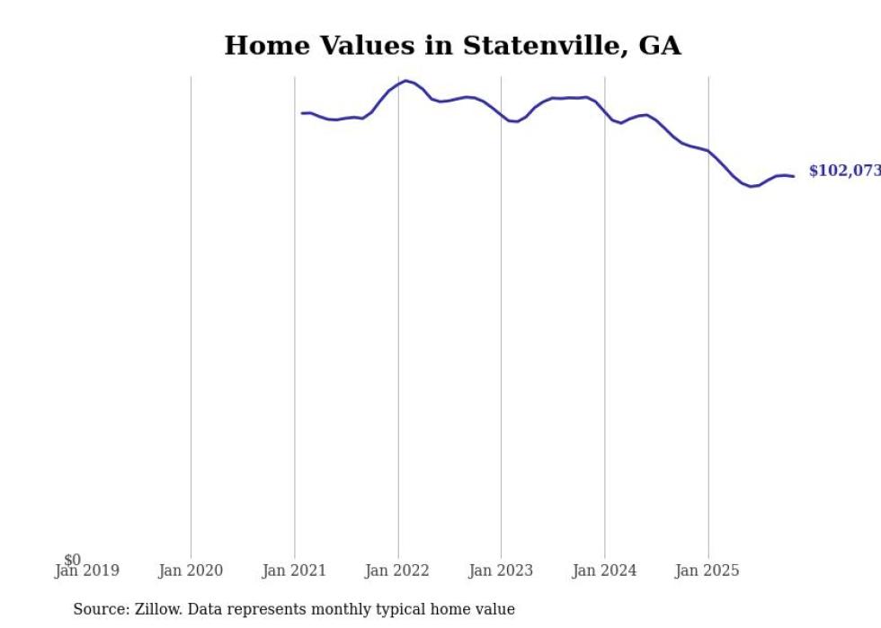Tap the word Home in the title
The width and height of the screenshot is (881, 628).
(x=262, y=45)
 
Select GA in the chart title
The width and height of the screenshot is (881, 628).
(x=660, y=45)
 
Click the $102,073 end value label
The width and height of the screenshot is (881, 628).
(x=844, y=171)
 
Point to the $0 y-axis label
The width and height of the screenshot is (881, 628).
(x=72, y=560)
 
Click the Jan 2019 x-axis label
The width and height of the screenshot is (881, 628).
(x=86, y=571)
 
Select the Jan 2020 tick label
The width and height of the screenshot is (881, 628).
(x=191, y=571)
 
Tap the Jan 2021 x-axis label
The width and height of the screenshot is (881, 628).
(x=294, y=571)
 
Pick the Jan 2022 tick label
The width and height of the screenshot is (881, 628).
(x=397, y=571)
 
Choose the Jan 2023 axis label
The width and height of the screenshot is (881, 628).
(x=501, y=571)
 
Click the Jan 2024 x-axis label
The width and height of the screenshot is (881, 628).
(x=604, y=571)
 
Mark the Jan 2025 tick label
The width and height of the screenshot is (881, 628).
(x=707, y=571)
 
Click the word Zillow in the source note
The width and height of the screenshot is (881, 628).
(x=158, y=609)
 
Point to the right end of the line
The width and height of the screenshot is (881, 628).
(x=794, y=176)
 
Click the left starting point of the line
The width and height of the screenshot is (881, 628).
(x=302, y=113)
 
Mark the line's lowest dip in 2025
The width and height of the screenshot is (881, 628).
(x=751, y=187)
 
